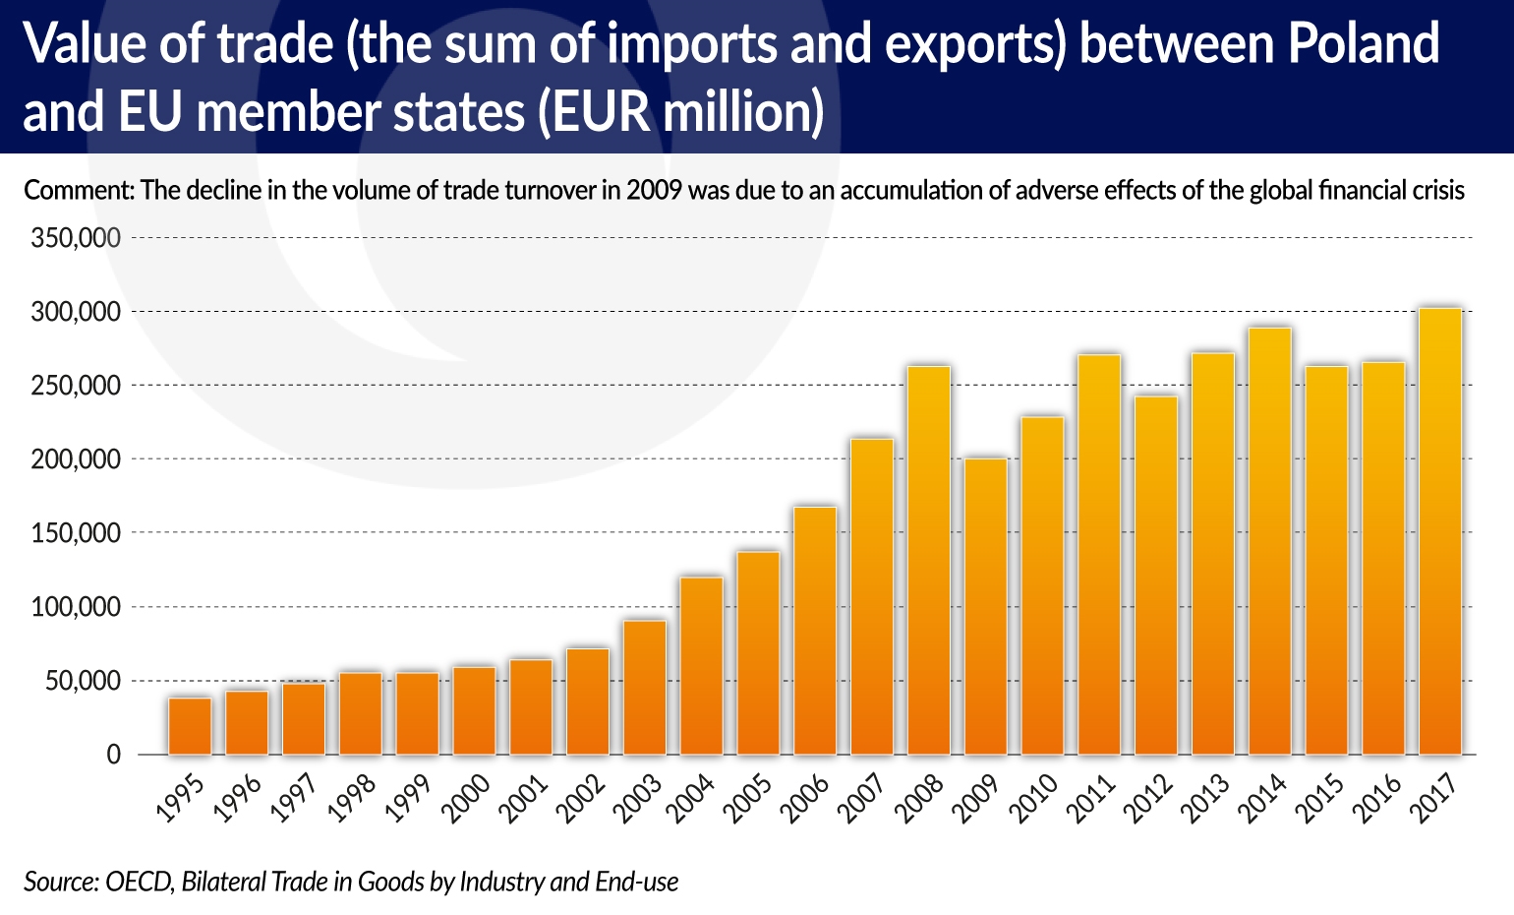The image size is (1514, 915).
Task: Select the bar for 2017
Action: [1440, 531]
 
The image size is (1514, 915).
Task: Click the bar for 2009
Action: [986, 606]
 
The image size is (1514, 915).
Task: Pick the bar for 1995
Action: [190, 726]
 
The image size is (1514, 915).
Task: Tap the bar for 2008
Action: [929, 561]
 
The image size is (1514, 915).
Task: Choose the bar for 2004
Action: [701, 666]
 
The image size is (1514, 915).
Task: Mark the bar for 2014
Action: [1270, 541]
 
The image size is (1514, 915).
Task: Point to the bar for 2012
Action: [1156, 576]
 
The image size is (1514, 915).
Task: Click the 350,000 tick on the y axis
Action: [76, 238]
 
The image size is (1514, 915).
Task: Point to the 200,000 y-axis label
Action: [76, 459]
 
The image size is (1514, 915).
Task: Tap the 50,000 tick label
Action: [83, 681]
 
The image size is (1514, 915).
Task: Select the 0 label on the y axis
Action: [113, 755]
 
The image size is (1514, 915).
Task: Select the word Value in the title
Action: [85, 44]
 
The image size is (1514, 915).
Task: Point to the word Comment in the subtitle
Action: [77, 190]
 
